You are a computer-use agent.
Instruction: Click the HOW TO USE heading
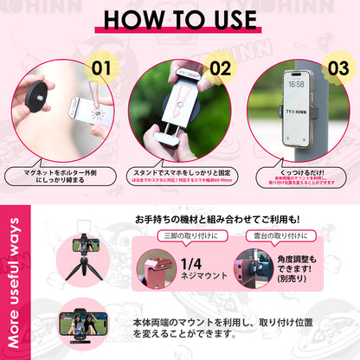click(180, 18)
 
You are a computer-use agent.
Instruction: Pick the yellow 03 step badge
click(337, 67)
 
